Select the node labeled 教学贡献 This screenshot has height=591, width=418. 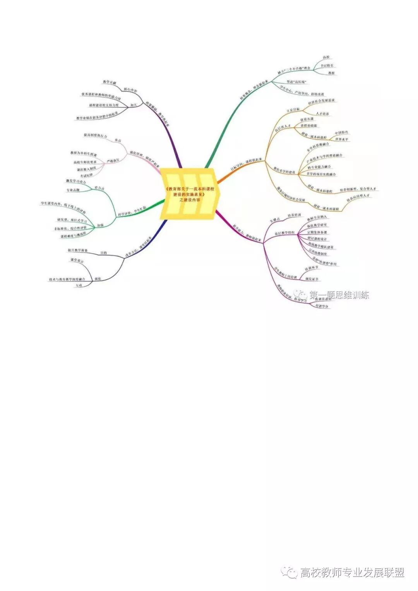point(110,82)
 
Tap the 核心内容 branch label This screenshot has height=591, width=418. point(130,90)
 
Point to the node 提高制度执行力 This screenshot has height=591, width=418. point(95,136)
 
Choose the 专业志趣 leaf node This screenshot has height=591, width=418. point(73,190)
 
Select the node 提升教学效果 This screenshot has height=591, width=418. point(78,251)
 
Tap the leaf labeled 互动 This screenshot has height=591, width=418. point(79,285)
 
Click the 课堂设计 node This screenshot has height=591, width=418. point(77,261)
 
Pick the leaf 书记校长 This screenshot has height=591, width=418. point(327,65)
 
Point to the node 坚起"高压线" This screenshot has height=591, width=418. point(296,82)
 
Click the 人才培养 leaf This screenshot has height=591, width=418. point(322,114)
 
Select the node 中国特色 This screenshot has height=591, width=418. point(341,132)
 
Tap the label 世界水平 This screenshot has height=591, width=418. point(341,139)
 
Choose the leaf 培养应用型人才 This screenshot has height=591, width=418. point(358,196)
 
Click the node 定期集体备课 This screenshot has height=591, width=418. point(317,232)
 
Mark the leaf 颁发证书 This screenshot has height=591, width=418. point(312,278)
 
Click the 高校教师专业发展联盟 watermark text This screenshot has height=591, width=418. point(352,572)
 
